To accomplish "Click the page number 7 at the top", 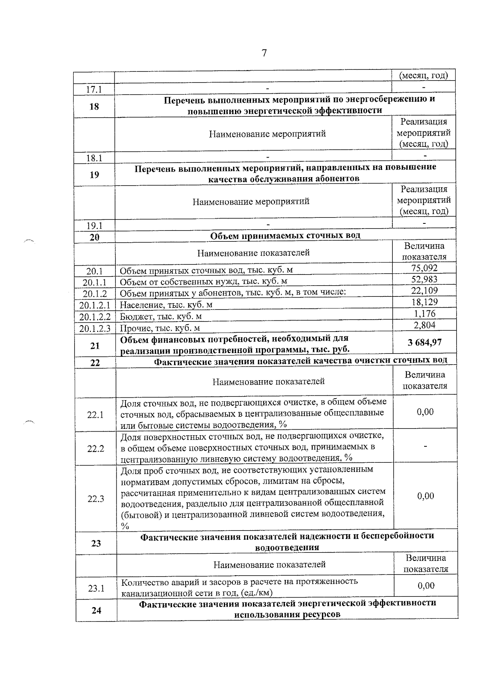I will tap(264, 53).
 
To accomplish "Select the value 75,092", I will tap(424, 268).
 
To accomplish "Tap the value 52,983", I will tap(424, 279).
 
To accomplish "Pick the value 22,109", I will tap(424, 290).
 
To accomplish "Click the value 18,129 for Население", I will tap(424, 302).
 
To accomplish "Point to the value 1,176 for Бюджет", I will tap(424, 314).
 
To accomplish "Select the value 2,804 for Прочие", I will tap(424, 325).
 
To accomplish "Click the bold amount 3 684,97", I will tap(424, 342).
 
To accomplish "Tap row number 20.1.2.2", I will tap(94, 317).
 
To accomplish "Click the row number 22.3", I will tap(96, 499).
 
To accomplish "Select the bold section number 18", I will tap(94, 107).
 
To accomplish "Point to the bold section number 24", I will tap(96, 610).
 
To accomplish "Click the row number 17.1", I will tap(94, 90).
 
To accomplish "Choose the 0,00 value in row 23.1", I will tap(426, 586).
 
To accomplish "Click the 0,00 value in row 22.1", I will tap(425, 412).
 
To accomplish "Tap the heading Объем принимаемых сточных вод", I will tap(285, 235).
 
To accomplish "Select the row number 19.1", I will tap(95, 226).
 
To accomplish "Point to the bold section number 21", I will tap(95, 345).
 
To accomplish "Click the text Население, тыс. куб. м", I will tap(166, 305).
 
